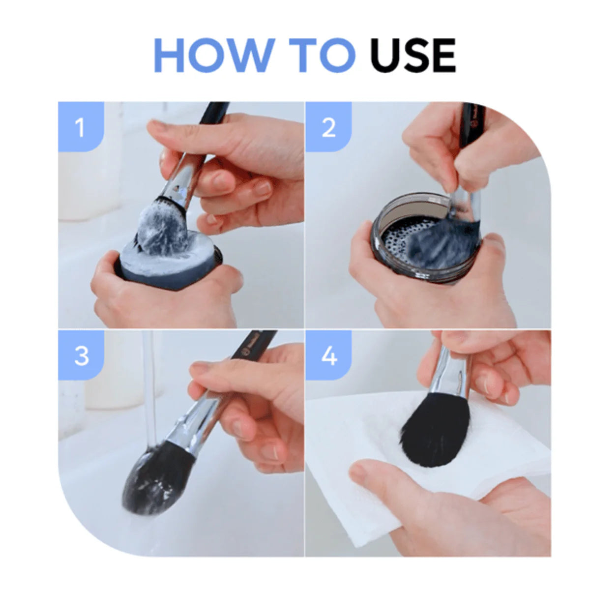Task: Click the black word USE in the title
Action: tap(413, 55)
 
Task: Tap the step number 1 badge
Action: tap(81, 127)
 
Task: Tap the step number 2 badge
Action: tap(328, 127)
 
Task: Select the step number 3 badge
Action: tap(81, 355)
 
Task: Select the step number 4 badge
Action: tap(328, 355)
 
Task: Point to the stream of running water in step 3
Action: tap(150, 389)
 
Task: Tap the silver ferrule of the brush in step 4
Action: tap(450, 372)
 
